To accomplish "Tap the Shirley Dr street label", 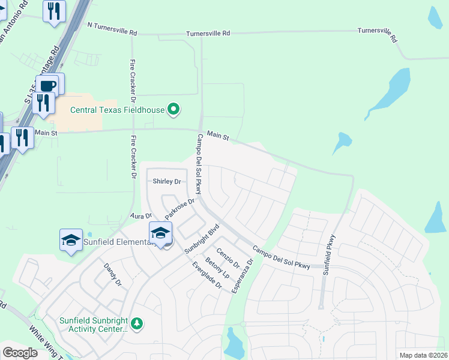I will (167, 181).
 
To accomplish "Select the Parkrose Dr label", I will (180, 208).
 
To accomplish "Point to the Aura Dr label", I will (141, 215).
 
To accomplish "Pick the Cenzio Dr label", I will (228, 258).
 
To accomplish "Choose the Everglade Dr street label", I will (207, 276).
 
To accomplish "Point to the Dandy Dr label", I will (112, 274).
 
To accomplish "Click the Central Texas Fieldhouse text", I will (117, 110).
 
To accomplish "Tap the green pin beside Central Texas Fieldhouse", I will (174, 109).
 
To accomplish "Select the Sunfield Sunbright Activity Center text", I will (94, 324).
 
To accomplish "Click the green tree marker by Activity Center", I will (137, 323).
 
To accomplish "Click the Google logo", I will (20, 353).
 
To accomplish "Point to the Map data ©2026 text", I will (423, 355).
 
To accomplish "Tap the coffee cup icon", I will (49, 85).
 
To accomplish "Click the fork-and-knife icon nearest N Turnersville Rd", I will (55, 11).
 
